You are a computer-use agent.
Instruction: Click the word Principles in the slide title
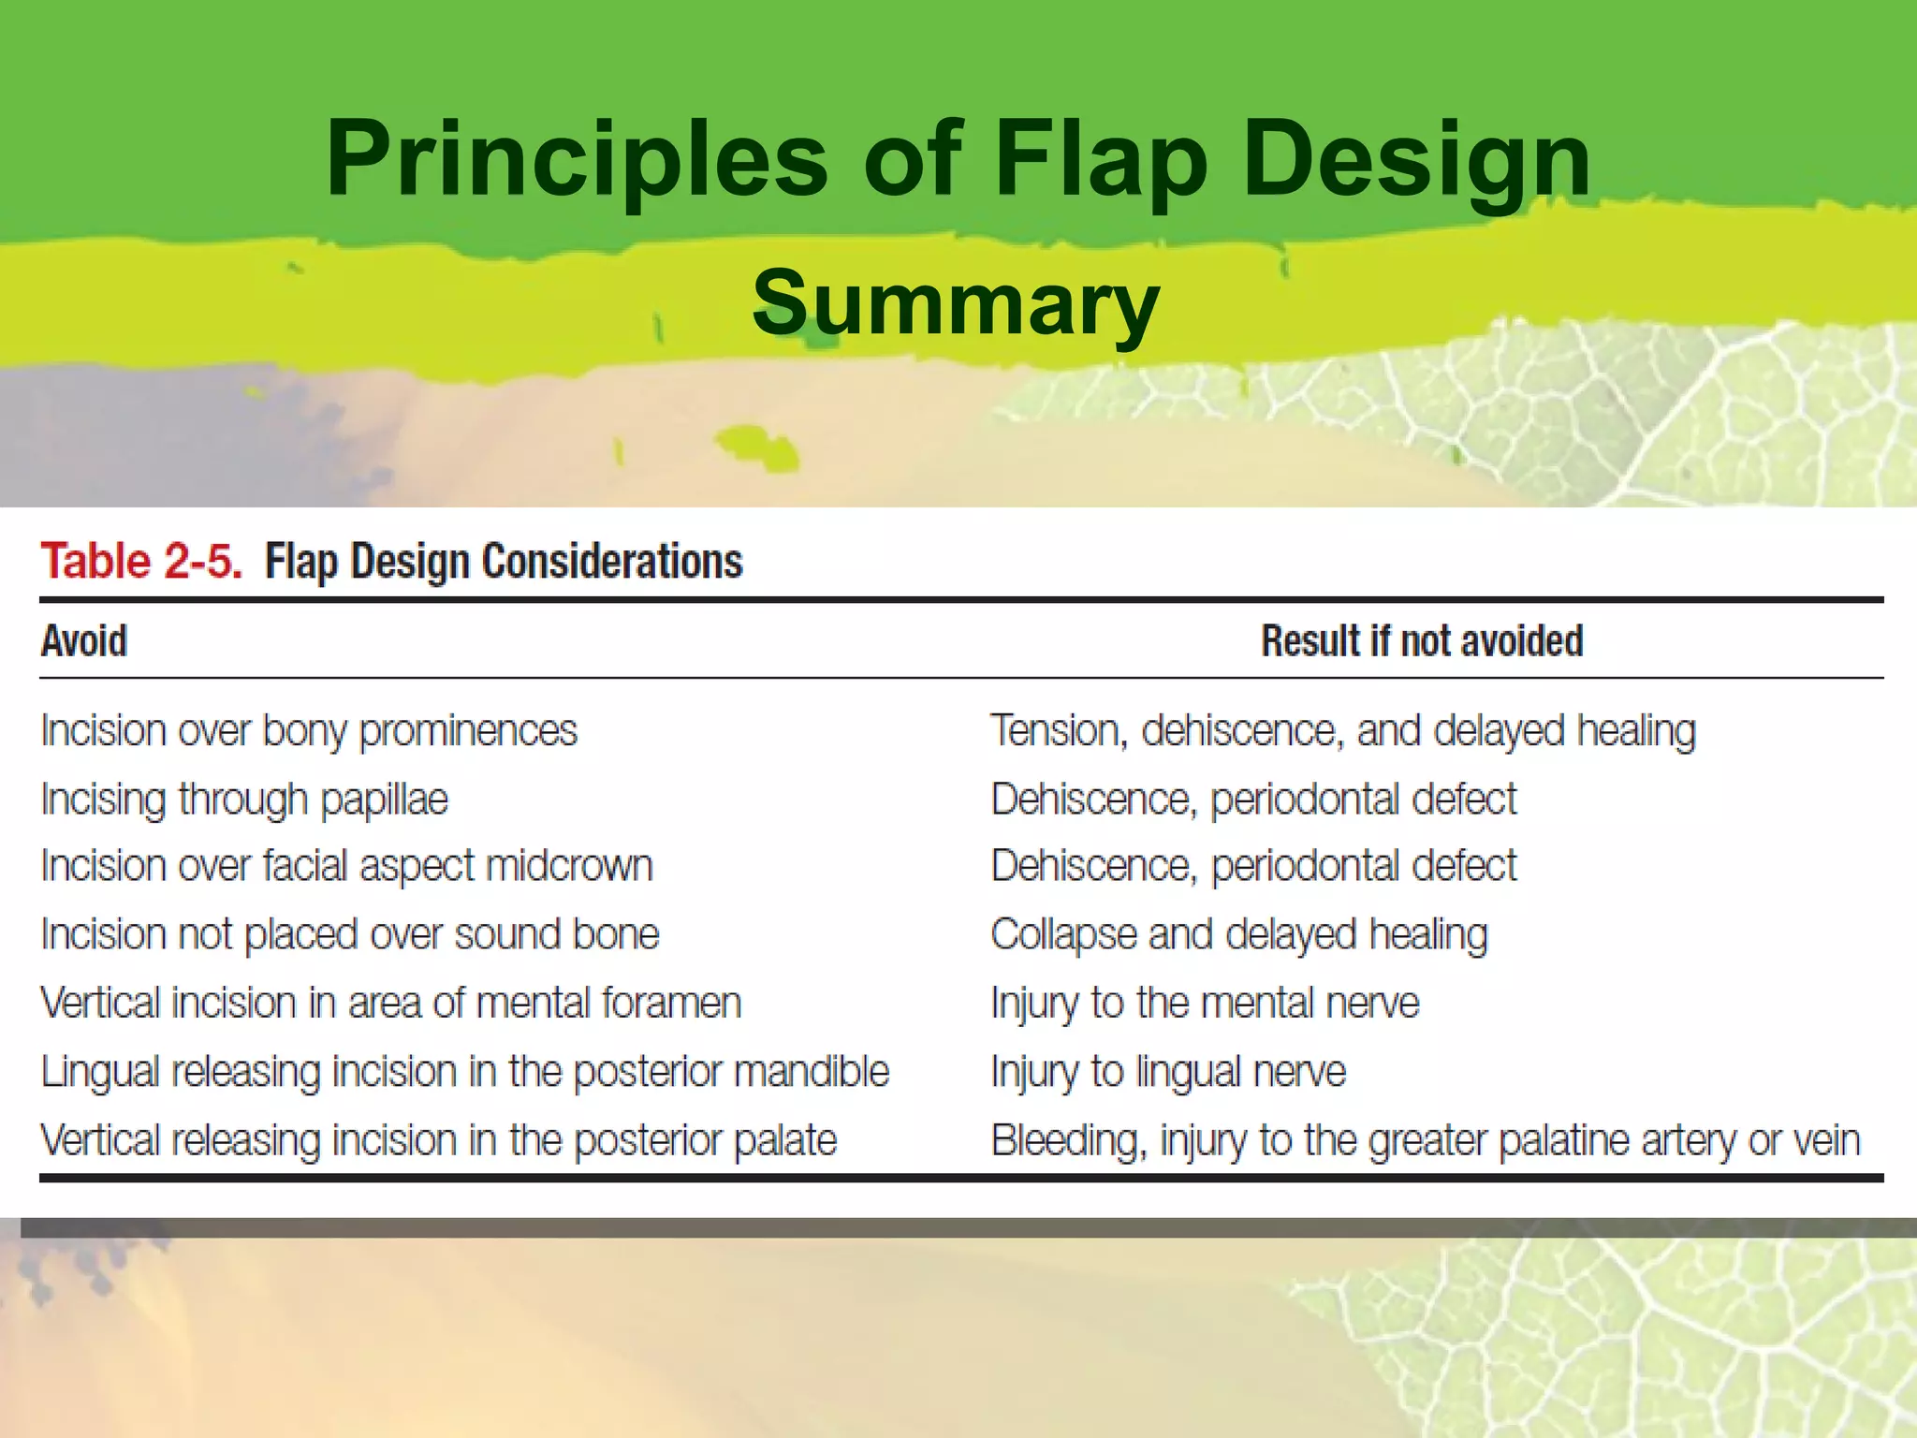(576, 159)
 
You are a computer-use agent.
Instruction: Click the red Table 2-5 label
(141, 562)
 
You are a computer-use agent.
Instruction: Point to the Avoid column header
(84, 641)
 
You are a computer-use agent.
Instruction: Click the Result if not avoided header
(1422, 641)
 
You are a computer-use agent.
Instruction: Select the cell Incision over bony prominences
(309, 731)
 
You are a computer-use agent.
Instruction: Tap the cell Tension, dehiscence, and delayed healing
(1342, 731)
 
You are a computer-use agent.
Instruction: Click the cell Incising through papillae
(244, 800)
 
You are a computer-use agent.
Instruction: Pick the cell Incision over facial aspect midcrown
(346, 866)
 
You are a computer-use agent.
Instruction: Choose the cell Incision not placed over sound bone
(350, 934)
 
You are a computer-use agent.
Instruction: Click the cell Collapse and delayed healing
(1238, 934)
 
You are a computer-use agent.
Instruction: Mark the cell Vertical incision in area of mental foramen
(390, 1003)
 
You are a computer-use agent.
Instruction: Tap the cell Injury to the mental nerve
(1205, 1003)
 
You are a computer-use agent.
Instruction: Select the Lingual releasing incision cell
(464, 1071)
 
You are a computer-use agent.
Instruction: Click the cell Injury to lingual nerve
(1167, 1071)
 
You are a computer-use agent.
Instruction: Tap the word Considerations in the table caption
(611, 562)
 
